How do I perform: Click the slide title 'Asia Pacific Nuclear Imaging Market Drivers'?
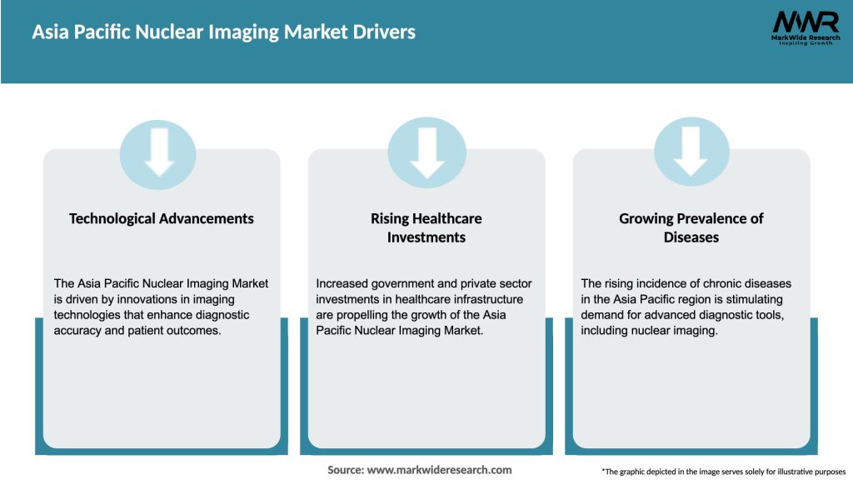pos(223,32)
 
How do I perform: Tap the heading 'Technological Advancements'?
pos(162,218)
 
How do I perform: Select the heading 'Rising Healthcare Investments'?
pos(426,227)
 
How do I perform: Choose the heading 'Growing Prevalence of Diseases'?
pos(691,227)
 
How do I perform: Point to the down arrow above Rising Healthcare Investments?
pos(426,152)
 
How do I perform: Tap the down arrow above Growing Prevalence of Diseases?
pos(691,152)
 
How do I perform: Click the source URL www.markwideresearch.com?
pos(439,470)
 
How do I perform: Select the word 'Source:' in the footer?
pos(345,470)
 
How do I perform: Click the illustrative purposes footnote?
pos(723,472)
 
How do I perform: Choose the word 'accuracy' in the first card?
pos(80,331)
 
